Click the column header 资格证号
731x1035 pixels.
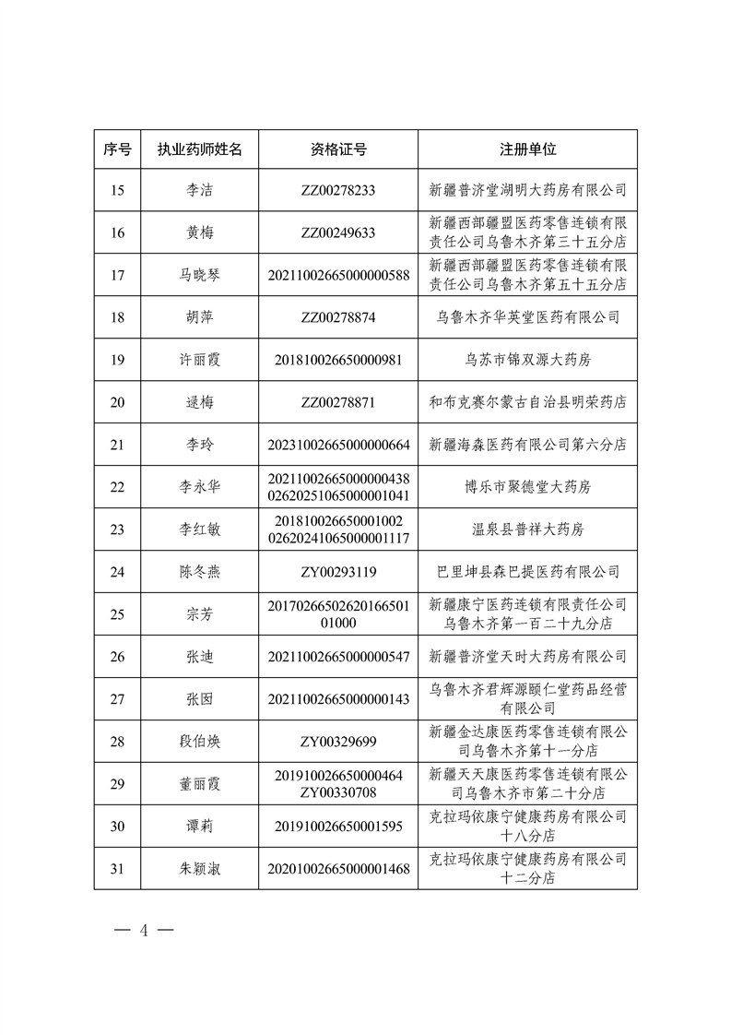[x=338, y=149]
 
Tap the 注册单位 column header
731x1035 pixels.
[x=527, y=149]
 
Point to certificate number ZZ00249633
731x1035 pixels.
[x=338, y=232]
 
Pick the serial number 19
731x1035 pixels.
[x=117, y=360]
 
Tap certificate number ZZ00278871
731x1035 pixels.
[x=338, y=402]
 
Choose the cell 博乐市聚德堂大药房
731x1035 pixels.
[x=527, y=487]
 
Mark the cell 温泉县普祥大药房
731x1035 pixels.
[x=527, y=529]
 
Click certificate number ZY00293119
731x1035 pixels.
[x=338, y=572]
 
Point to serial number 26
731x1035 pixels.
[x=117, y=657]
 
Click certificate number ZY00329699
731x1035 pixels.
[x=338, y=741]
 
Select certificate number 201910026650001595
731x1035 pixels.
[x=338, y=826]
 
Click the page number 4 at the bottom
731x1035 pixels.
[x=143, y=929]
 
